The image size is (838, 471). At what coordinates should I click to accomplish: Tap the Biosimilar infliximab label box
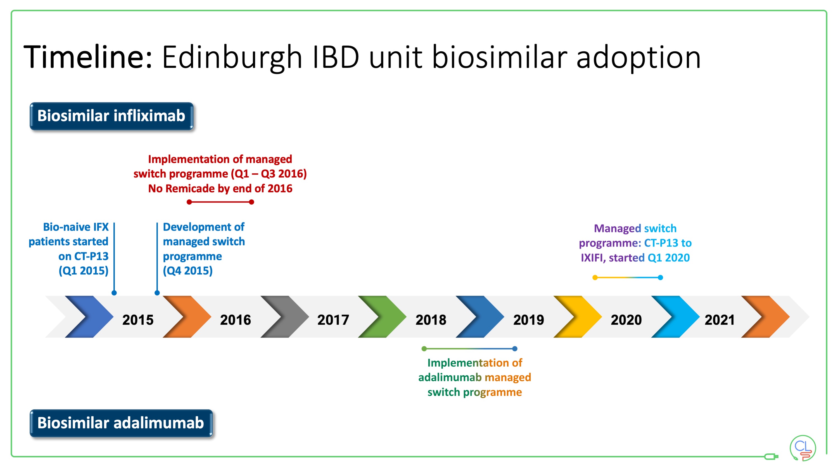coord(111,116)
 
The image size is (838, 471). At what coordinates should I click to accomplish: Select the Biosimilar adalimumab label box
coord(121,423)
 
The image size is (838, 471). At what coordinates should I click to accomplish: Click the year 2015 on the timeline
coord(137,320)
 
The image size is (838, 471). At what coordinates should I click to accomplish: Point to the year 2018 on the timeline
coord(431,320)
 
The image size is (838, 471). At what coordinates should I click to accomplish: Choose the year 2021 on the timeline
coord(720,320)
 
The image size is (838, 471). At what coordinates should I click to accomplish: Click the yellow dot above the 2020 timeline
coord(595,278)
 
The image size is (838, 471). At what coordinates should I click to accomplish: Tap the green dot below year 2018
coord(424,349)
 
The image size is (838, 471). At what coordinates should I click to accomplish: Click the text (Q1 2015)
coord(84,271)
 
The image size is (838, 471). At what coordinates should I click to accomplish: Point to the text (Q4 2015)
coord(188,271)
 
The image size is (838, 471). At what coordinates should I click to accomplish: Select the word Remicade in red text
coord(187,188)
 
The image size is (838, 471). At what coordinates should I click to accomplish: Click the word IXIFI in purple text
coord(592,258)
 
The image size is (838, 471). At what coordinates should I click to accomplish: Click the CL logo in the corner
coord(803,448)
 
